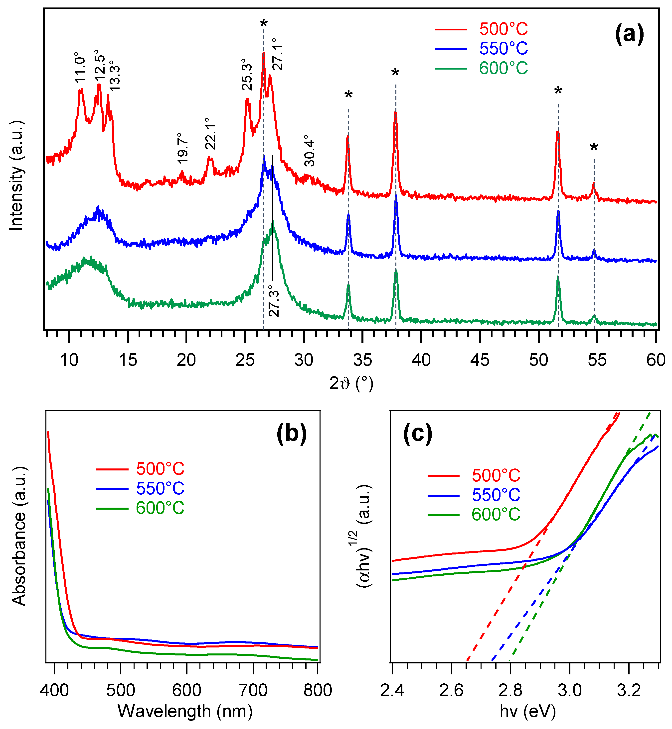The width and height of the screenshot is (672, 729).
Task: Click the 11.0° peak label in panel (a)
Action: (x=80, y=68)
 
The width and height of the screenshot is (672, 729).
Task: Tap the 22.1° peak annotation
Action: (x=210, y=134)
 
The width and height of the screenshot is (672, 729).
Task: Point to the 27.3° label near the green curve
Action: (x=274, y=301)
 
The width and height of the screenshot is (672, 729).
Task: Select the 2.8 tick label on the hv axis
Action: (x=510, y=691)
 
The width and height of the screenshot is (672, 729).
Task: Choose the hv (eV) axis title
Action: (x=528, y=711)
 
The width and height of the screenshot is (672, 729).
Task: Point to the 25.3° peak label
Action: (x=247, y=75)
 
